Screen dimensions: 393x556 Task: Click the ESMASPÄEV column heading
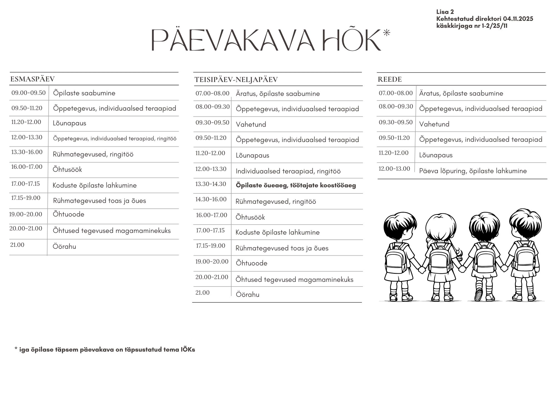point(33,79)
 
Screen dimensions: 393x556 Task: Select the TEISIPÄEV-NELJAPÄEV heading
point(236,80)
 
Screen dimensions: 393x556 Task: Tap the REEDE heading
point(389,79)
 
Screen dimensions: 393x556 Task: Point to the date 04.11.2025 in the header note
point(518,19)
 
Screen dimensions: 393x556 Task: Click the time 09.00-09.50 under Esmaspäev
point(28,93)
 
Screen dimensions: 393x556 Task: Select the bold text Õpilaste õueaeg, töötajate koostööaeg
point(296,185)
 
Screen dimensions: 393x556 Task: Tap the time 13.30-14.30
point(211,184)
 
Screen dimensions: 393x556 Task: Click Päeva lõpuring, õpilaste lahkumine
point(473,171)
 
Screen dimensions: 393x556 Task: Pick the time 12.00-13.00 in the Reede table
point(394,169)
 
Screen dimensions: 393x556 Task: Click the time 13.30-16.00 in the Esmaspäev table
point(27,152)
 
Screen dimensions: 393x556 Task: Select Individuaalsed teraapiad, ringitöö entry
point(288,171)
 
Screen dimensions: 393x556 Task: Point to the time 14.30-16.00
point(211,199)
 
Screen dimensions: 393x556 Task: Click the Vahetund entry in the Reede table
point(434,124)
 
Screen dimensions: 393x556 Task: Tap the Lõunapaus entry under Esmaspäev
point(69,123)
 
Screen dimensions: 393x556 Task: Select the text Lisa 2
point(445,12)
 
